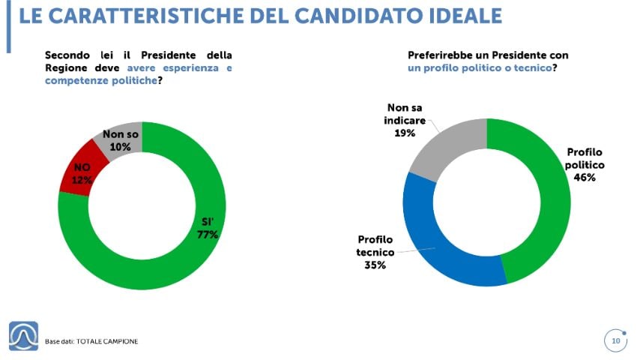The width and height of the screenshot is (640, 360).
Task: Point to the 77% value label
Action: tap(208, 235)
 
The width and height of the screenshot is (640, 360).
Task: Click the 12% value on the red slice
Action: tap(82, 180)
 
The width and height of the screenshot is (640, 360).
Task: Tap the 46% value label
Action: tap(585, 178)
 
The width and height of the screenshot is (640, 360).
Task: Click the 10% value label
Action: tap(120, 147)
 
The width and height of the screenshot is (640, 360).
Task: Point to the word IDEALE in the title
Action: tap(461, 16)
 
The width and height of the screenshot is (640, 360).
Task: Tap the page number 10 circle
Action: tap(615, 342)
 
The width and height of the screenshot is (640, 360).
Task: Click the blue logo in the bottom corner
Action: tap(23, 336)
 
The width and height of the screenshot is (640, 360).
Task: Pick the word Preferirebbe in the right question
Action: tap(444, 55)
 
